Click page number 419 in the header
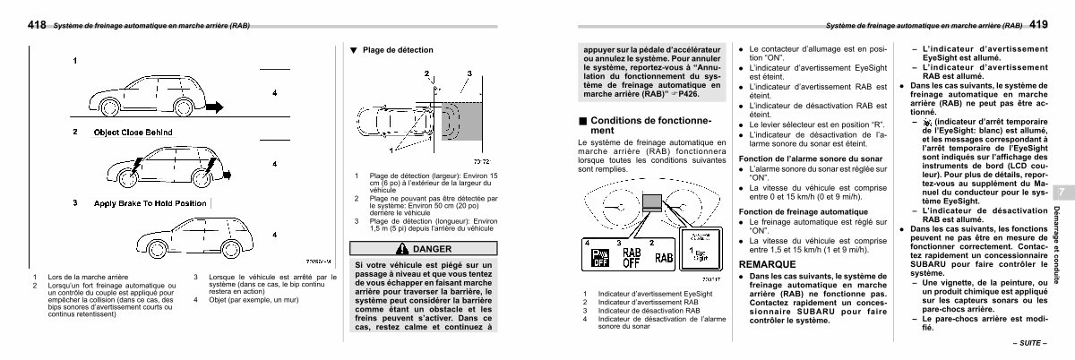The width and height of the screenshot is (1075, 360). click(x=1038, y=26)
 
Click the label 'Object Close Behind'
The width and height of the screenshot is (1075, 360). click(x=133, y=132)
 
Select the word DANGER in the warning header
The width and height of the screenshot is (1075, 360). click(x=433, y=248)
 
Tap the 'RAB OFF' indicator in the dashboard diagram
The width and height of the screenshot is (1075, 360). click(x=631, y=258)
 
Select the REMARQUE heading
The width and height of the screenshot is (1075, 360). click(x=767, y=266)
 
